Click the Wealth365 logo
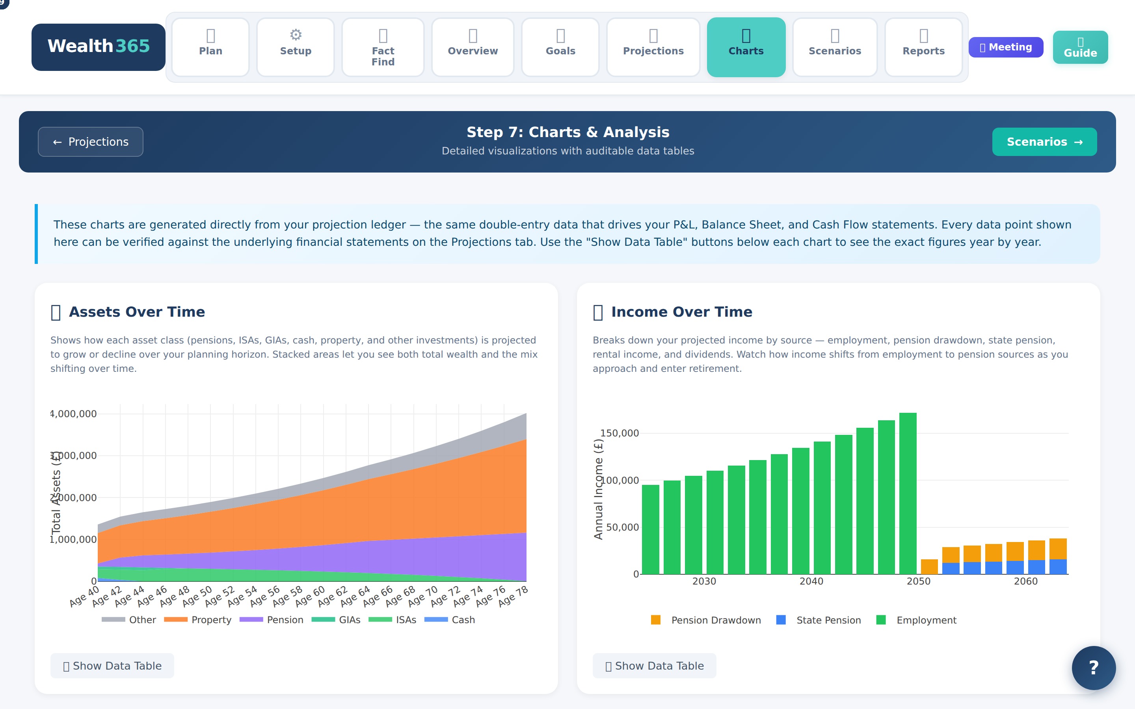click(x=99, y=47)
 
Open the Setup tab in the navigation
click(x=296, y=47)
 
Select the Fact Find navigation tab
click(x=383, y=47)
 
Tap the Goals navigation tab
click(x=560, y=47)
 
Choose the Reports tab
click(x=923, y=47)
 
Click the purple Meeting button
click(x=1006, y=47)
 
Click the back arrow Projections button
click(x=91, y=142)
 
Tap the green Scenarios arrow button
click(x=1044, y=142)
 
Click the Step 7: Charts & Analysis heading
click(x=567, y=132)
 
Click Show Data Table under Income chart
click(x=654, y=665)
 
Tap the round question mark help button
click(x=1093, y=667)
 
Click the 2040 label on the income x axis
click(x=811, y=581)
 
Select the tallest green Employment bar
click(x=908, y=492)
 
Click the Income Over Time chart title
click(x=681, y=312)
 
